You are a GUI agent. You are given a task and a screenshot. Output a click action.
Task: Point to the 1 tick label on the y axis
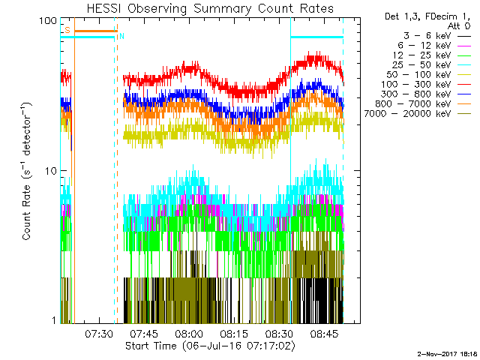[54, 321]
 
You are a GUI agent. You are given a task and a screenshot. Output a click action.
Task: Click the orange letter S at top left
[67, 30]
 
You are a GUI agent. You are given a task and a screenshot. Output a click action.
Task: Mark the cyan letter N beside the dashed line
[122, 36]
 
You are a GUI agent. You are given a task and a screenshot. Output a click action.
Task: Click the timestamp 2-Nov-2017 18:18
[447, 352]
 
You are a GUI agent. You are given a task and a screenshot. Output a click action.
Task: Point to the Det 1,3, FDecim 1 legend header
[422, 16]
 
